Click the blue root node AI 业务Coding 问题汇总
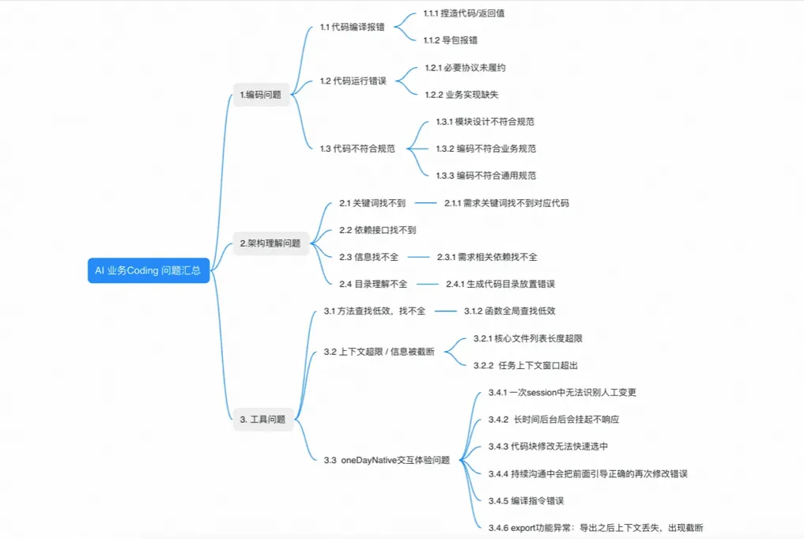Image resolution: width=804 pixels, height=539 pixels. [x=148, y=270]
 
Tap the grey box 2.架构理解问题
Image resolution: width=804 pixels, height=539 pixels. [x=270, y=243]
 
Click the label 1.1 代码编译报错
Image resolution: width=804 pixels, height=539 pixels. [x=353, y=27]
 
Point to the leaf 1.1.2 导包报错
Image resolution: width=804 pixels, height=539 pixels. [x=450, y=40]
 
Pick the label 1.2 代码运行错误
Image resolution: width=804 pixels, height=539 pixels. [x=353, y=81]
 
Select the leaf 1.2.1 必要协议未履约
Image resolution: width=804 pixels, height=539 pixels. [x=465, y=67]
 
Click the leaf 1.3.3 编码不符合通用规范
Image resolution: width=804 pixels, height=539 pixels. [x=485, y=175]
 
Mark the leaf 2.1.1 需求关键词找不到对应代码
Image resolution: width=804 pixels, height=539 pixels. [x=506, y=203]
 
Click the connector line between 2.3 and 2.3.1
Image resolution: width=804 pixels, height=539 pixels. [x=417, y=257]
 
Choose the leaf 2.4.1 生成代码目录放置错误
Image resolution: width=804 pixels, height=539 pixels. [x=500, y=284]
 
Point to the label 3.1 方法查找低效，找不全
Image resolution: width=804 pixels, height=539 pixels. [x=375, y=311]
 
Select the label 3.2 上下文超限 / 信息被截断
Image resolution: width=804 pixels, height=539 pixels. [x=379, y=352]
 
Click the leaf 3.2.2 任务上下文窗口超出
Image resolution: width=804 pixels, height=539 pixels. [x=526, y=365]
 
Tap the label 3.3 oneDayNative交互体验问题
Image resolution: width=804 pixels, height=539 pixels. [x=387, y=460]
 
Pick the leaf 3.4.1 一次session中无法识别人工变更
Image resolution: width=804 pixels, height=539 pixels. [x=562, y=392]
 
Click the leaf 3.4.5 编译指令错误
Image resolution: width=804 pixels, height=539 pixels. [x=526, y=500]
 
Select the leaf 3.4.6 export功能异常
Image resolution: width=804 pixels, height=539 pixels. [x=595, y=527]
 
